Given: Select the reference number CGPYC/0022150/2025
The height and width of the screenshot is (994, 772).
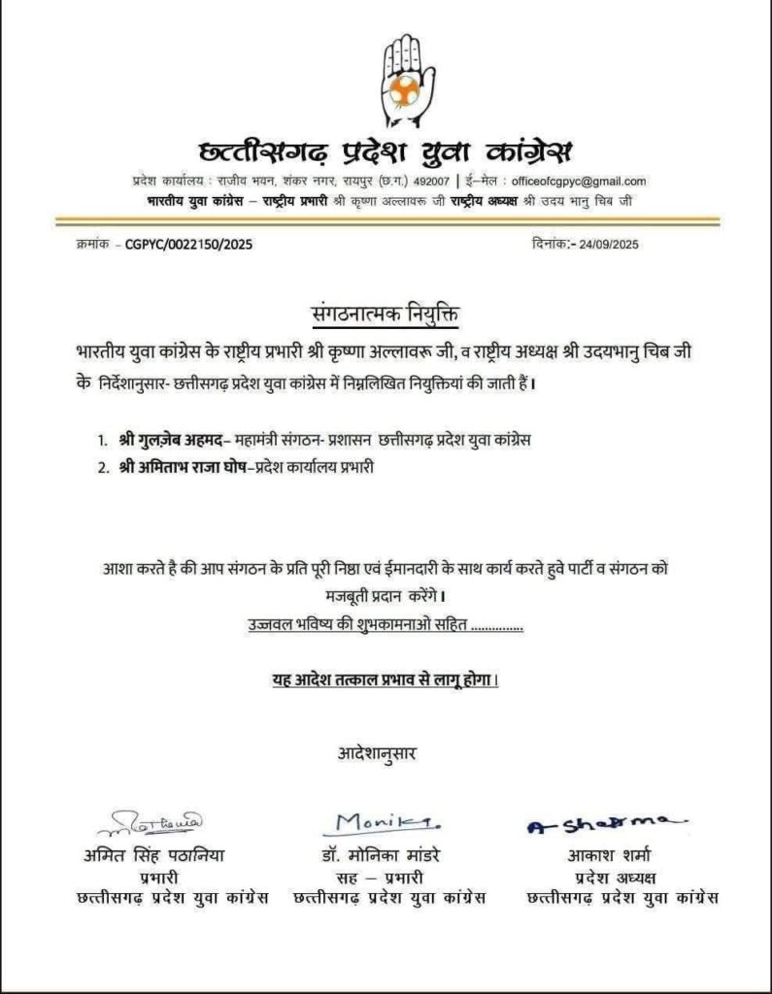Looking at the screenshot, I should pyautogui.click(x=188, y=245).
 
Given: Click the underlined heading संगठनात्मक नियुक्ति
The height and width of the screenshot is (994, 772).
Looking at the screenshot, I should pyautogui.click(x=386, y=315).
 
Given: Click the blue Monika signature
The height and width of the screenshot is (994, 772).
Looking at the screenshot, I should pyautogui.click(x=380, y=823).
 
